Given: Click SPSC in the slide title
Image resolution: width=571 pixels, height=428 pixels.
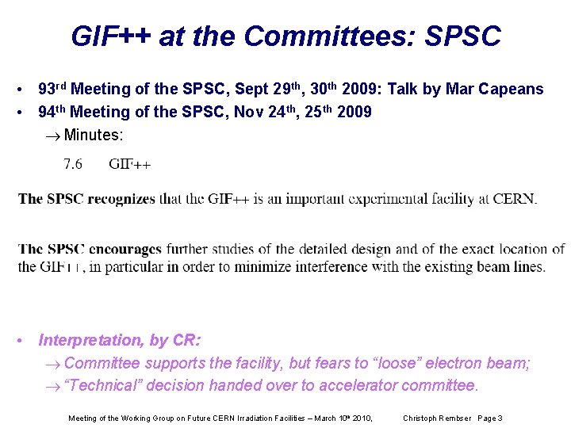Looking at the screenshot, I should (463, 36).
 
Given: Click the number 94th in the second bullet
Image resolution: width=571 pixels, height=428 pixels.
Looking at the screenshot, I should (52, 112).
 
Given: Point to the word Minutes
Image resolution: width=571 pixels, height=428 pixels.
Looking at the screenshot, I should (94, 135).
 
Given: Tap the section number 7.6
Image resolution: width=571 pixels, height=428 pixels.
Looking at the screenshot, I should (73, 165).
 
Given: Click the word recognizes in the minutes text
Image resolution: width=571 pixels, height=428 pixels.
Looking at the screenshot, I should (121, 199).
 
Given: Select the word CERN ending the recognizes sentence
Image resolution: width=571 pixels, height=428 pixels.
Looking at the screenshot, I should (515, 199).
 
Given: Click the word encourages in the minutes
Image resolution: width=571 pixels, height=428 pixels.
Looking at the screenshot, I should (125, 250).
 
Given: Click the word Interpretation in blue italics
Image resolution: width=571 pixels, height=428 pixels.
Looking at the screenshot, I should (91, 341).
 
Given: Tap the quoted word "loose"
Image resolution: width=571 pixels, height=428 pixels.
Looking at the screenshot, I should (397, 364).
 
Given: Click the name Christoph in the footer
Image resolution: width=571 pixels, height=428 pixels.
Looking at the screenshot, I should (421, 418).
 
